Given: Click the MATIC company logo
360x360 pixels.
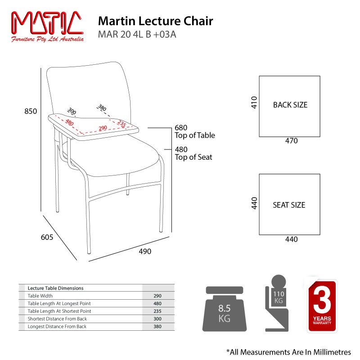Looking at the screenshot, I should (47, 26).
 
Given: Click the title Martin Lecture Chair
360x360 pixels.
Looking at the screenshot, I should (155, 21).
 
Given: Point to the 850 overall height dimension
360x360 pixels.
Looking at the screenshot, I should (31, 112).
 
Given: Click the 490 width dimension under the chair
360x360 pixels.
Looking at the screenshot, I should (144, 251).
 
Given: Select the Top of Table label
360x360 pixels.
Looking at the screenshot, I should (194, 135).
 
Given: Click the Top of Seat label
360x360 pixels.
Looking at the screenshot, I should (193, 157).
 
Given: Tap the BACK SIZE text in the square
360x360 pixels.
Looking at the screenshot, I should (290, 105).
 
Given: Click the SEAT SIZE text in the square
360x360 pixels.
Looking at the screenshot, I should (289, 205).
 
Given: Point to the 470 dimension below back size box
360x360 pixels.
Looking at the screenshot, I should (291, 141).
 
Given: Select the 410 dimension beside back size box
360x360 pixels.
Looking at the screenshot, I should (254, 103).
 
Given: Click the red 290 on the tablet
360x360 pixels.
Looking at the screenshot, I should (103, 129).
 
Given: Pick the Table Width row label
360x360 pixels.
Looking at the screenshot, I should (40, 296).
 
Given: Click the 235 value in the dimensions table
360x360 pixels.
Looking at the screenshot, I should (157, 311).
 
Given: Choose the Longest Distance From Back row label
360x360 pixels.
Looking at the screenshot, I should (57, 326).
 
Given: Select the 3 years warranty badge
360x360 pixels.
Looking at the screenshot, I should (322, 306).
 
